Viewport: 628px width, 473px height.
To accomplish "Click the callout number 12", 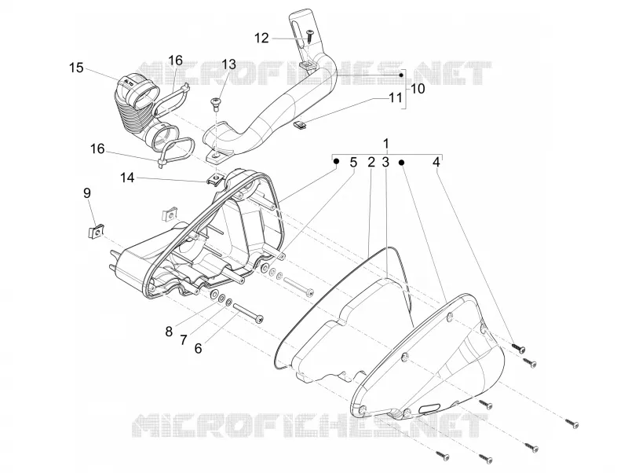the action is coord(261,38).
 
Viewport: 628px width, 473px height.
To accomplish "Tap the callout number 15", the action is coord(76,68).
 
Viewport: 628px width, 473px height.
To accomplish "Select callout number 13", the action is coord(229,64).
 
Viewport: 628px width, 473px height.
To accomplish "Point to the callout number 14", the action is coord(127,177).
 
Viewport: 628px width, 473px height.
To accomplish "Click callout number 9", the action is coord(87,193).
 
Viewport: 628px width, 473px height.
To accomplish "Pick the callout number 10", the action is coord(418,88).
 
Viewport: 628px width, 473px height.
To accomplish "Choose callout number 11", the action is coord(396,97).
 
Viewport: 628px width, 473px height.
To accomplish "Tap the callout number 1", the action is coord(385,144).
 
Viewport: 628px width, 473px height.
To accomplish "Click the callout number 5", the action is coord(352,163).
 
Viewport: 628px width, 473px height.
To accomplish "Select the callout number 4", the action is coord(436,163).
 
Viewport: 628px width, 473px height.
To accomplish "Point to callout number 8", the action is coord(169,332).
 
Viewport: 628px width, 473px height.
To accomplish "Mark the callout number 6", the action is coord(198,348).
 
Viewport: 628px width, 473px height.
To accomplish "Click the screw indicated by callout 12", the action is coord(309,36).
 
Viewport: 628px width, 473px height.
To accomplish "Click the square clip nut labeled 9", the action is coord(95,231).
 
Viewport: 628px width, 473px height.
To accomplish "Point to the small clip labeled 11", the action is coord(301,125).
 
